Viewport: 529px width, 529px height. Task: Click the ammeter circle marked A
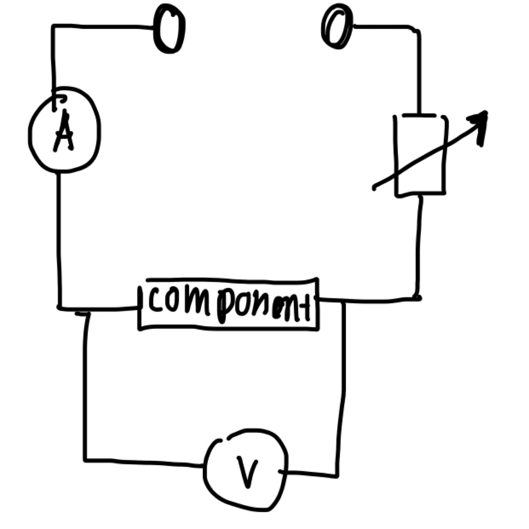tap(64, 130)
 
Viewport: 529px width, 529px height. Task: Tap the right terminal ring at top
tap(337, 27)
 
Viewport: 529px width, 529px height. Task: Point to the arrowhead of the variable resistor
tap(479, 121)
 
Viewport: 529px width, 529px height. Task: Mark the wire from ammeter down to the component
tap(59, 238)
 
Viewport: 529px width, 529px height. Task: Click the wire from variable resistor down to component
tap(418, 246)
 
